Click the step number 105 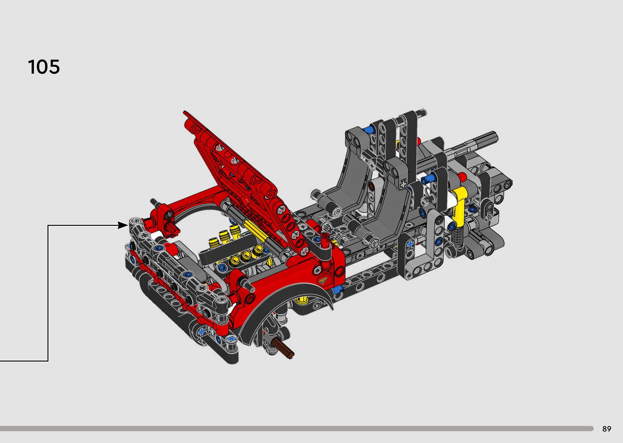44,67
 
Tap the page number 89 607,429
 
